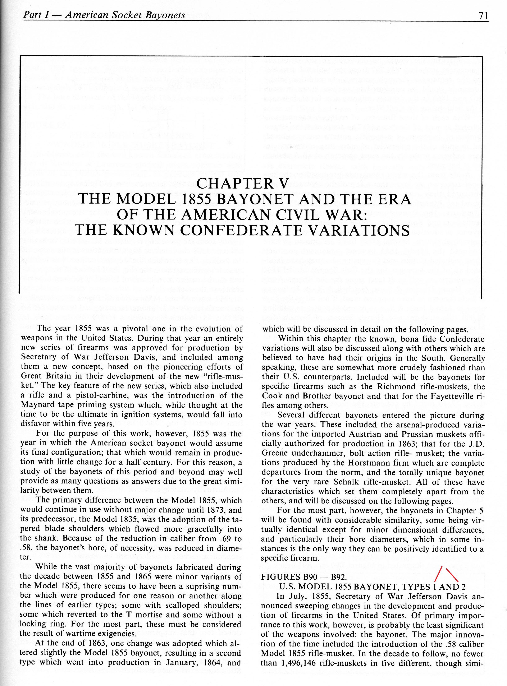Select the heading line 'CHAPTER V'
point(242,184)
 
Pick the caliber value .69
point(227,539)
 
